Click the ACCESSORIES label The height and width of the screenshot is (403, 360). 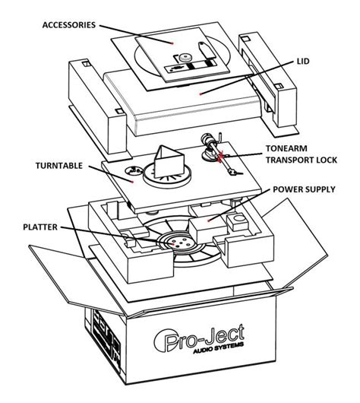point(69,25)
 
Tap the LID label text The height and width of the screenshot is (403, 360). point(303,62)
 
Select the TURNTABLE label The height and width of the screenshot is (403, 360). point(59,166)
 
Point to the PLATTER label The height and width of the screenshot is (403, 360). point(40,227)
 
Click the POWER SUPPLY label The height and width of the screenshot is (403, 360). point(304,189)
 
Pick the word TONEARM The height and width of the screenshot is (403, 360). point(286,148)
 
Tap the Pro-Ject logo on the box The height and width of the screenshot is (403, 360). point(199,338)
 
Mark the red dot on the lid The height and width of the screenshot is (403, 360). point(201,94)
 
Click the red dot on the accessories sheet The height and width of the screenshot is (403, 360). point(172,43)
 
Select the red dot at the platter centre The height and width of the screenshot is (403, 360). point(175,244)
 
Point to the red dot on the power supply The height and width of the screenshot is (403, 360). point(209,221)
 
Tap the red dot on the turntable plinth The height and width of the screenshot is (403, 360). point(132,182)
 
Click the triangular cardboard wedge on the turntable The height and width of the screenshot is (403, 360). point(167,161)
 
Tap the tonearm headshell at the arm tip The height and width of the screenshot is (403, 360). point(233,173)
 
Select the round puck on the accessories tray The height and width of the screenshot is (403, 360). point(184,57)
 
